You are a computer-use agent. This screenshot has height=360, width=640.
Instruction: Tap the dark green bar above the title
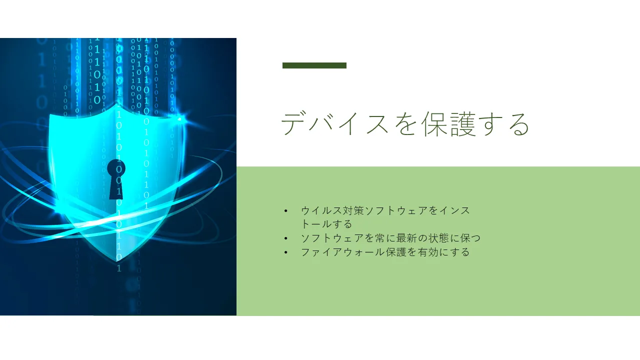pos(314,65)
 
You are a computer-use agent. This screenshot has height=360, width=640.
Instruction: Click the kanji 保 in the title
pos(434,123)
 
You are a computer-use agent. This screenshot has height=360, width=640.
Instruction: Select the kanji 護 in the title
pos(463,123)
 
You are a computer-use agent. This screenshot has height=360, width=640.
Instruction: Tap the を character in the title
pos(406,124)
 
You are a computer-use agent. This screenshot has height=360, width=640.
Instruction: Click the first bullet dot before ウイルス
pos(285,211)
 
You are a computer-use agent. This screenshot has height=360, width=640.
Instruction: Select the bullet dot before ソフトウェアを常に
pos(285,238)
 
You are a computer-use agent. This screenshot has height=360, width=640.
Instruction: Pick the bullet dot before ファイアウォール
pos(285,252)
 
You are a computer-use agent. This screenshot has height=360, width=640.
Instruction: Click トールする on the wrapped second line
pos(326,224)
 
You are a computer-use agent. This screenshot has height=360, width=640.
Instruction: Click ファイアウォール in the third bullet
pos(343,252)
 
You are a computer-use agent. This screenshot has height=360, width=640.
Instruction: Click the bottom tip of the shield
pos(116,261)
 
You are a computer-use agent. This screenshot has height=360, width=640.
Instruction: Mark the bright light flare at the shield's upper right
pos(180,118)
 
